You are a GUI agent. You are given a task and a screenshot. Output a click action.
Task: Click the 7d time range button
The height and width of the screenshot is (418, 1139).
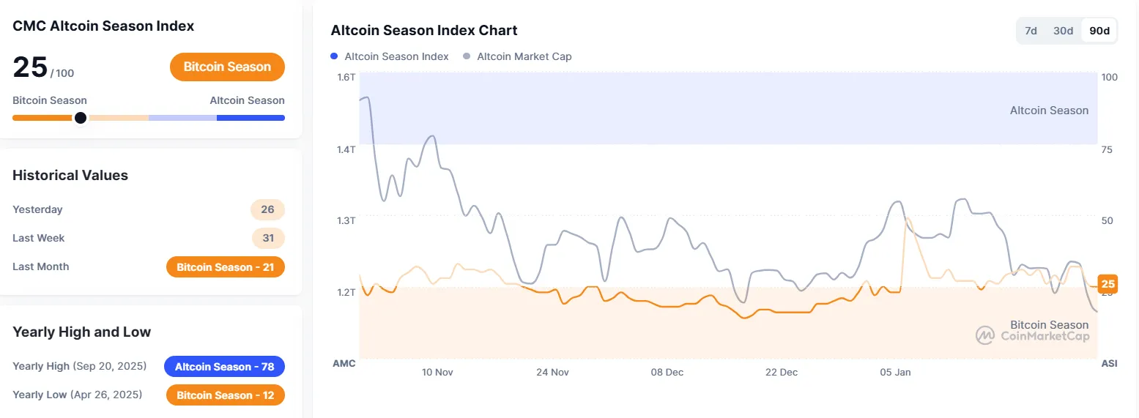pyautogui.click(x=1031, y=31)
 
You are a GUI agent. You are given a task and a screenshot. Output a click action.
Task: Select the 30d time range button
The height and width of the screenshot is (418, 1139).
pyautogui.click(x=1063, y=31)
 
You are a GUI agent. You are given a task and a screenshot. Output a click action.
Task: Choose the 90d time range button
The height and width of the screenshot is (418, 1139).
pyautogui.click(x=1099, y=31)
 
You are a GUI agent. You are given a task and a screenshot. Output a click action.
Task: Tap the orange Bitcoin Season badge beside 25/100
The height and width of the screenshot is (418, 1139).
pyautogui.click(x=227, y=67)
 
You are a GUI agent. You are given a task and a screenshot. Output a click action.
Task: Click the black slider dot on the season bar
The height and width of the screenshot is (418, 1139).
pyautogui.click(x=81, y=118)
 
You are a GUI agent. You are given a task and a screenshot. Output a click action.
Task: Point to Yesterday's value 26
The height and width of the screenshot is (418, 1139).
pyautogui.click(x=267, y=209)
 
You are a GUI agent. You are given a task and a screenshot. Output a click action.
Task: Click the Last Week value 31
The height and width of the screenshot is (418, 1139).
pyautogui.click(x=268, y=238)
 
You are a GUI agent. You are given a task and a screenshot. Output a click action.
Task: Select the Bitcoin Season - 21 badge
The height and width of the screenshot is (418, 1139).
pyautogui.click(x=226, y=267)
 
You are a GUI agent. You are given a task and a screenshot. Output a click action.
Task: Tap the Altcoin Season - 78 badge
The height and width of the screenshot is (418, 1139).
pyautogui.click(x=224, y=366)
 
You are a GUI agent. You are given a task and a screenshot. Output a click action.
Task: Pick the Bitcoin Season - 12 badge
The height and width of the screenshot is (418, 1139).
pyautogui.click(x=226, y=395)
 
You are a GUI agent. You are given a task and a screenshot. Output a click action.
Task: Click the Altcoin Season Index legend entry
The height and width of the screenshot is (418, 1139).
pyautogui.click(x=390, y=56)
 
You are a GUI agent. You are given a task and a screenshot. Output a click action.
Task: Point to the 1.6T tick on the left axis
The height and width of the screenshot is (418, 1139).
pyautogui.click(x=346, y=77)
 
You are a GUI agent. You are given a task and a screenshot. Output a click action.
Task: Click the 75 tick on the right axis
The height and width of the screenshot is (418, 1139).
pyautogui.click(x=1107, y=149)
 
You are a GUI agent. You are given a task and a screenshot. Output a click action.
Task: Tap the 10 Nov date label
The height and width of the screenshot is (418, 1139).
pyautogui.click(x=437, y=372)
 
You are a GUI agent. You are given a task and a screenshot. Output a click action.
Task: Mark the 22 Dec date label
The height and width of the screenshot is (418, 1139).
pyautogui.click(x=782, y=372)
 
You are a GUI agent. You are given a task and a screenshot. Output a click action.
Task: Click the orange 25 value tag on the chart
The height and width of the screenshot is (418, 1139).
pyautogui.click(x=1108, y=284)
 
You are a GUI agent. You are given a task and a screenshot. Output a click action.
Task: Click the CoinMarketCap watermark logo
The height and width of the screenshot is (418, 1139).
pyautogui.click(x=984, y=336)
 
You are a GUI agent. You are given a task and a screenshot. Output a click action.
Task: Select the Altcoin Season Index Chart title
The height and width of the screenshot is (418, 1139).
pyautogui.click(x=424, y=31)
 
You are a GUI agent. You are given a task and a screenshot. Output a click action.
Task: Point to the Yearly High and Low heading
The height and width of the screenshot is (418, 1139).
pyautogui.click(x=82, y=332)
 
